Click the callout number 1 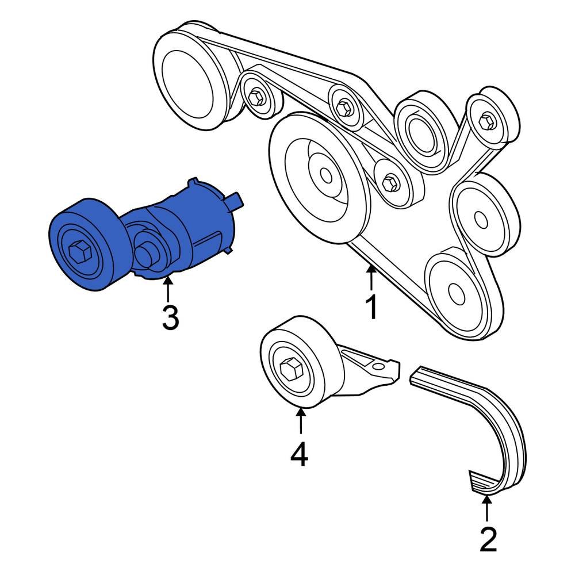(x=371, y=307)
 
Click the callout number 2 (x=488, y=539)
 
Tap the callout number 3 (x=170, y=318)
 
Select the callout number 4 (x=299, y=454)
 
